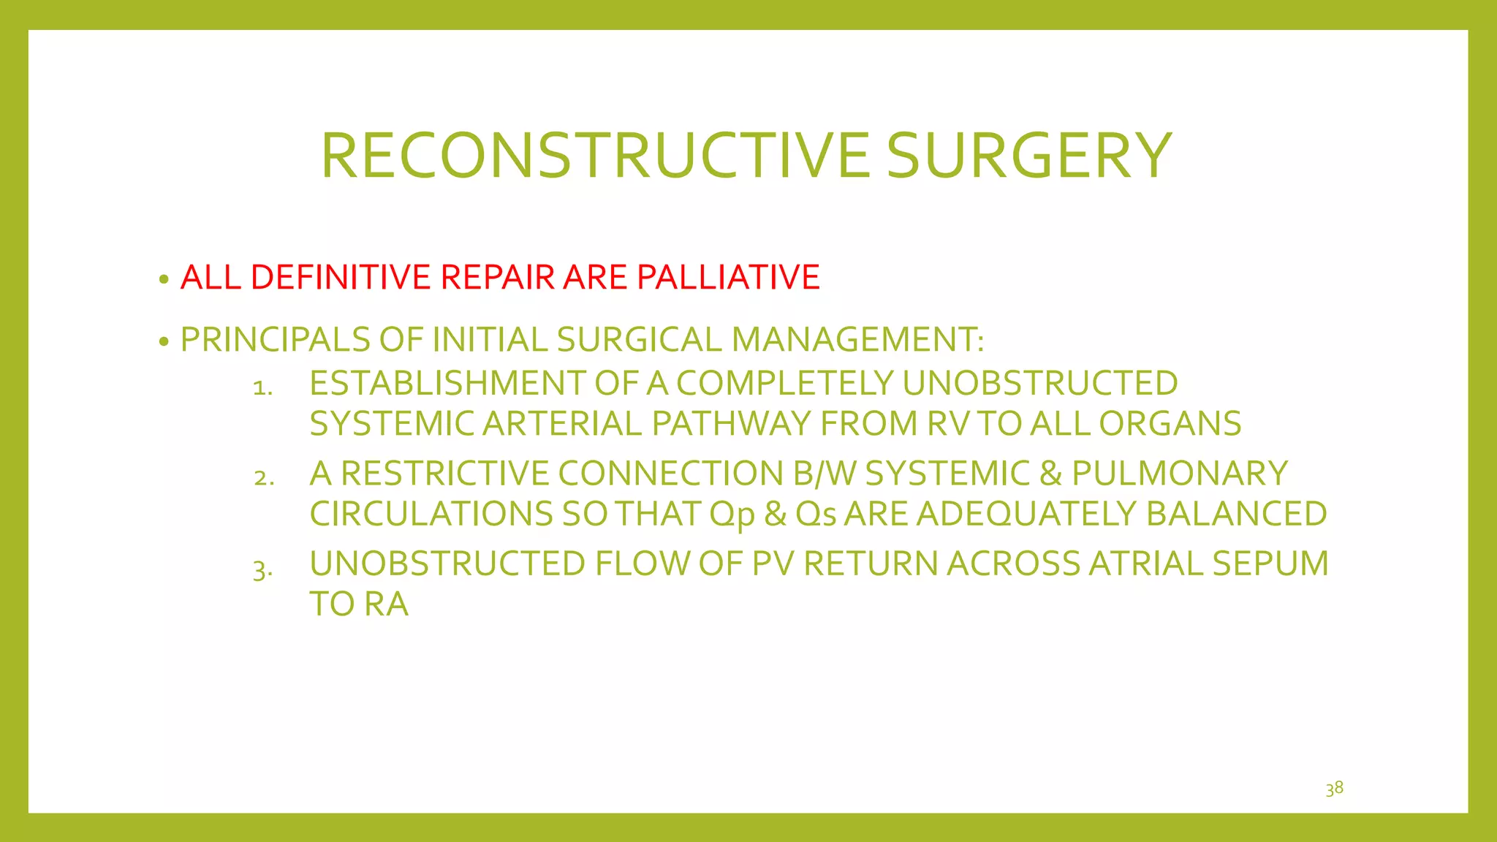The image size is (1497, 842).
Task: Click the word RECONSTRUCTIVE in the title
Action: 596,156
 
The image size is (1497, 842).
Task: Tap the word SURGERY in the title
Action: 1029,156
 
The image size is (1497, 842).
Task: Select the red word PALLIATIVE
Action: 728,277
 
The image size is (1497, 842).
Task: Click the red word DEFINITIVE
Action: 341,277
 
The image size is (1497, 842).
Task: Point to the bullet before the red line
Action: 164,279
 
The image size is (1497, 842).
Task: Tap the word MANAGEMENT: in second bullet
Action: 857,340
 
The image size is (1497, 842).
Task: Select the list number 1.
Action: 262,387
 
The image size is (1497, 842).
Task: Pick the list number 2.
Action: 264,478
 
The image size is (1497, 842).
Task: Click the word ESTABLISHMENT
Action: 447,384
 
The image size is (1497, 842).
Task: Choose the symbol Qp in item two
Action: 732,515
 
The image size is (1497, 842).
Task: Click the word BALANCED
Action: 1236,514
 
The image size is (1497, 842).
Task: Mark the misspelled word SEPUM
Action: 1270,564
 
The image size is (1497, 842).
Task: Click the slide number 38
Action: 1334,788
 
